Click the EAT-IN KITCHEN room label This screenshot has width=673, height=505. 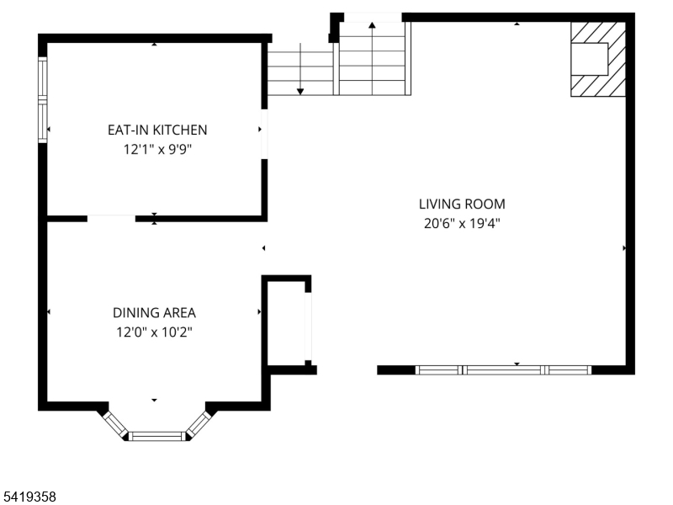[157, 130]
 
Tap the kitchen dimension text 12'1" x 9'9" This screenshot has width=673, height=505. [157, 150]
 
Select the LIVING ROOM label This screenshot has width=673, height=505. [462, 204]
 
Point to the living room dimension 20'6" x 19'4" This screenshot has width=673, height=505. [462, 223]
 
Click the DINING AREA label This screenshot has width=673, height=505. [154, 312]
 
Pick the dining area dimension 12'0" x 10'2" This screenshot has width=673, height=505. [154, 332]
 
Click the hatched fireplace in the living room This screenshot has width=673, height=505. [598, 59]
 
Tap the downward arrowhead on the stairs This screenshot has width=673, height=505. [300, 92]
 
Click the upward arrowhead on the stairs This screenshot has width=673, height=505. [372, 25]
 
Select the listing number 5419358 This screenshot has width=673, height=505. [29, 497]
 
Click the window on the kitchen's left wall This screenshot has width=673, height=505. [43, 99]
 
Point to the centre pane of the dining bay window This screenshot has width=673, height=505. [157, 436]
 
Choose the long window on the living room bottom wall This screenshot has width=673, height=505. [503, 370]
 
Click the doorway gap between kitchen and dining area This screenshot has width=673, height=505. [111, 219]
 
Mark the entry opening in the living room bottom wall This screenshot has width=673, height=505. [347, 370]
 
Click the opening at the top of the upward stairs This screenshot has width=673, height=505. [373, 17]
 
